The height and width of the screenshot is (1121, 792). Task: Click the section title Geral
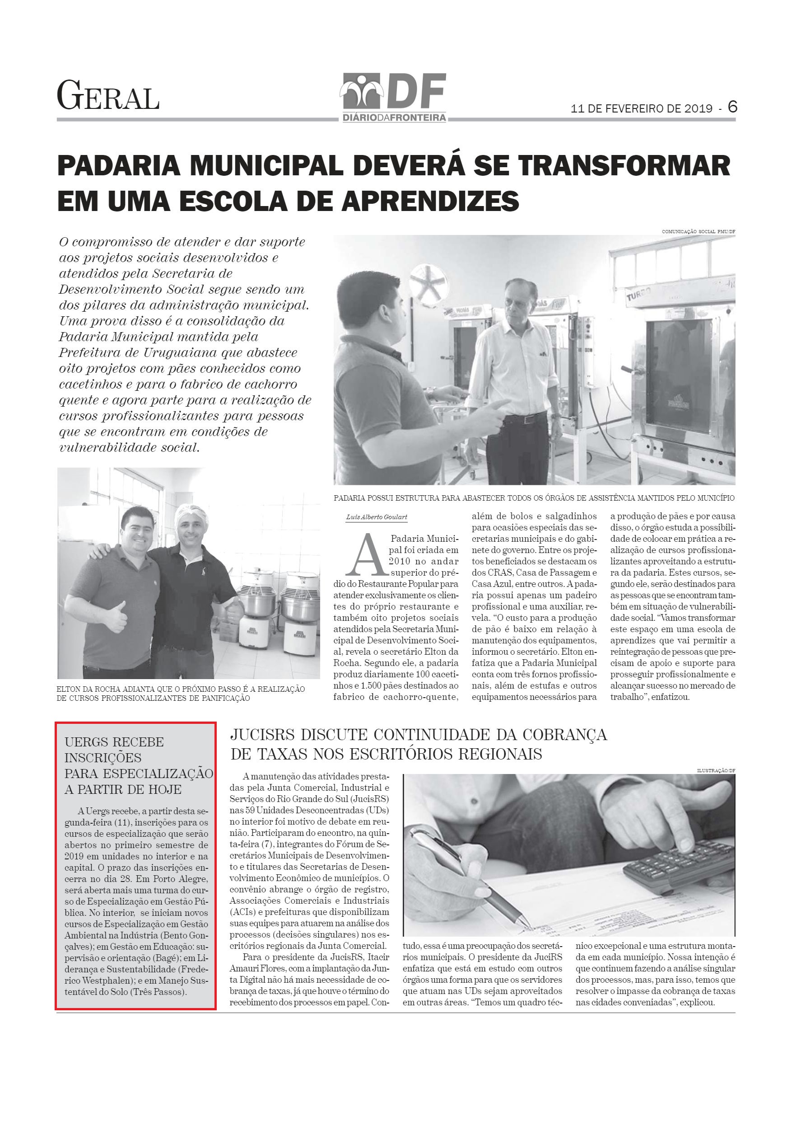[x=108, y=96]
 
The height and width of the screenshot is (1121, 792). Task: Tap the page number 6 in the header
[x=732, y=107]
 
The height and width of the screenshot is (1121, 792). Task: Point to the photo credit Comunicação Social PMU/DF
[x=698, y=231]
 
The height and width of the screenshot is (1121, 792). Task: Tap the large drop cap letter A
[x=364, y=555]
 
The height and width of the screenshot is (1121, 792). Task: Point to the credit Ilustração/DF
[x=716, y=770]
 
